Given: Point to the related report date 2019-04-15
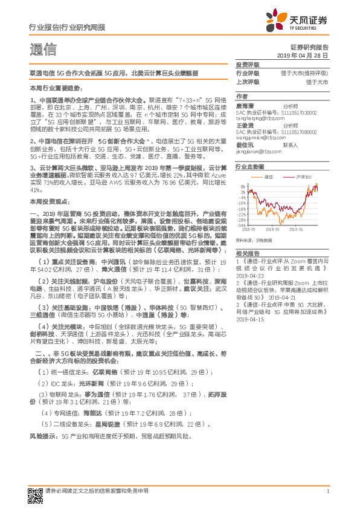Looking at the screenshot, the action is tap(250, 319).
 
